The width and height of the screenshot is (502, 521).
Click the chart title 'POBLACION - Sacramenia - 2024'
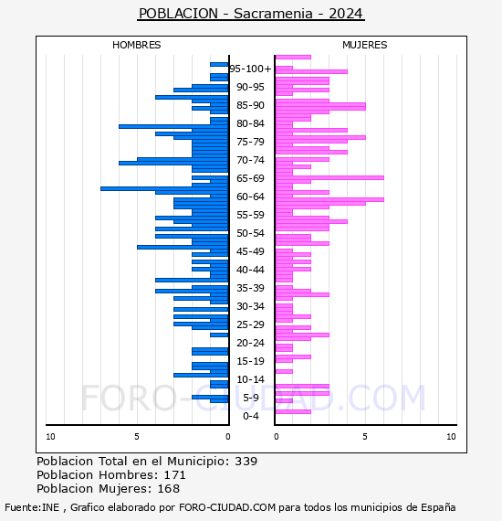tap(251, 14)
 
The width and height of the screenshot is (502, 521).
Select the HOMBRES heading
tap(136, 45)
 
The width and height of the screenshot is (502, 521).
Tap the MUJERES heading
tap(365, 45)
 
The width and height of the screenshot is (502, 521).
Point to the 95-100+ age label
tap(250, 69)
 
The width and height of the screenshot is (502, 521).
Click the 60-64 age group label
tap(250, 197)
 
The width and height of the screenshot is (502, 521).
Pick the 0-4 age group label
tap(251, 416)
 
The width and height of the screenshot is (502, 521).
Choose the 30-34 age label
tap(250, 306)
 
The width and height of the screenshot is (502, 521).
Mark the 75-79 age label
tap(250, 142)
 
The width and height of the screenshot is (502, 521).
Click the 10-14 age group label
tap(250, 379)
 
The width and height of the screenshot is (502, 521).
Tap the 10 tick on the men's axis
tap(50, 437)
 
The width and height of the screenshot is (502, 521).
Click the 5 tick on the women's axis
tap(365, 437)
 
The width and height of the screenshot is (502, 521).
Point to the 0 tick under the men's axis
tap(228, 437)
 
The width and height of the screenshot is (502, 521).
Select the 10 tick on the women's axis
tap(451, 437)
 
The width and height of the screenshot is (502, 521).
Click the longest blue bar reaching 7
tap(164, 188)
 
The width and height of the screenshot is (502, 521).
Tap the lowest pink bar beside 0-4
tap(293, 412)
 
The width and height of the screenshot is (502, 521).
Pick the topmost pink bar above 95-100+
tap(293, 57)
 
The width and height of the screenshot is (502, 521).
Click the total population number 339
tap(246, 462)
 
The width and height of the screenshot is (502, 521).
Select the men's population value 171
tap(175, 474)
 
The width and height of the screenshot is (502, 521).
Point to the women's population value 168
tap(169, 488)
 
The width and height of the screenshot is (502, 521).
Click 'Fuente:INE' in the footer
tap(32, 507)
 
